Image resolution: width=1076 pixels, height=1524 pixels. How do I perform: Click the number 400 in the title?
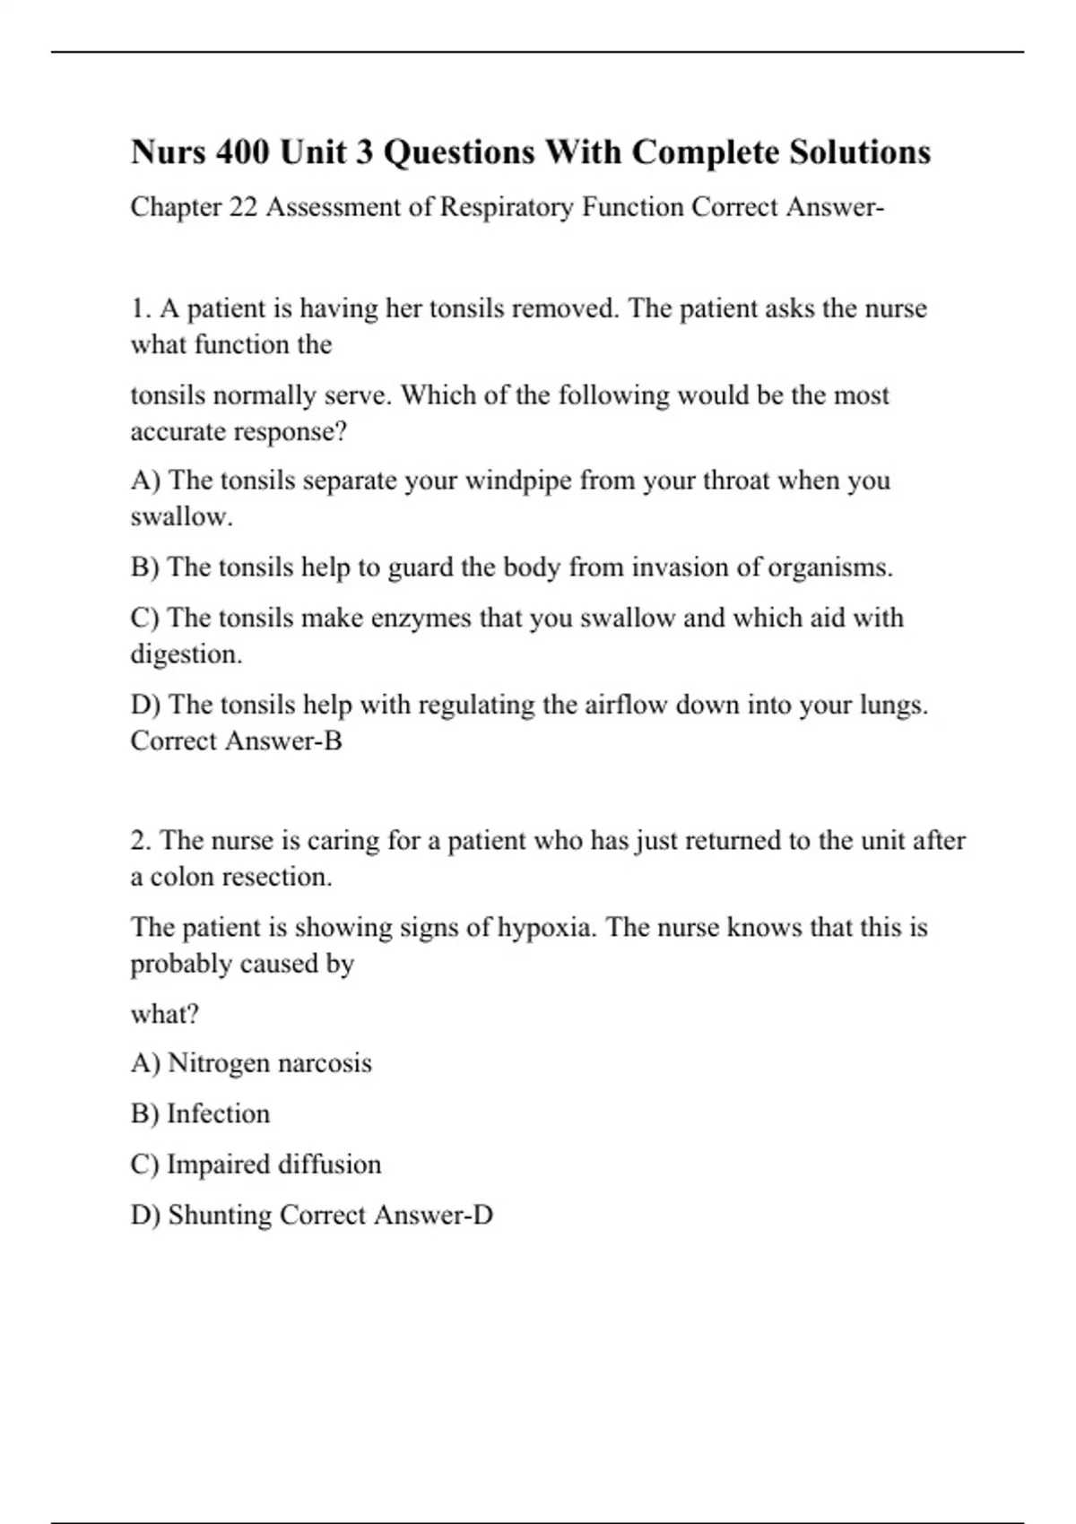pyautogui.click(x=242, y=152)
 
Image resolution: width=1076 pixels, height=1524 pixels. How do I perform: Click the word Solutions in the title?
pyautogui.click(x=859, y=152)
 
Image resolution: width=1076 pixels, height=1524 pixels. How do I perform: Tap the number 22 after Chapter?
pyautogui.click(x=243, y=207)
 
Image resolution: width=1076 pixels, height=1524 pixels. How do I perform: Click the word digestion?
pyautogui.click(x=187, y=654)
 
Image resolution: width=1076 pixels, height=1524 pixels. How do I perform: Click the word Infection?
pyautogui.click(x=218, y=1113)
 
